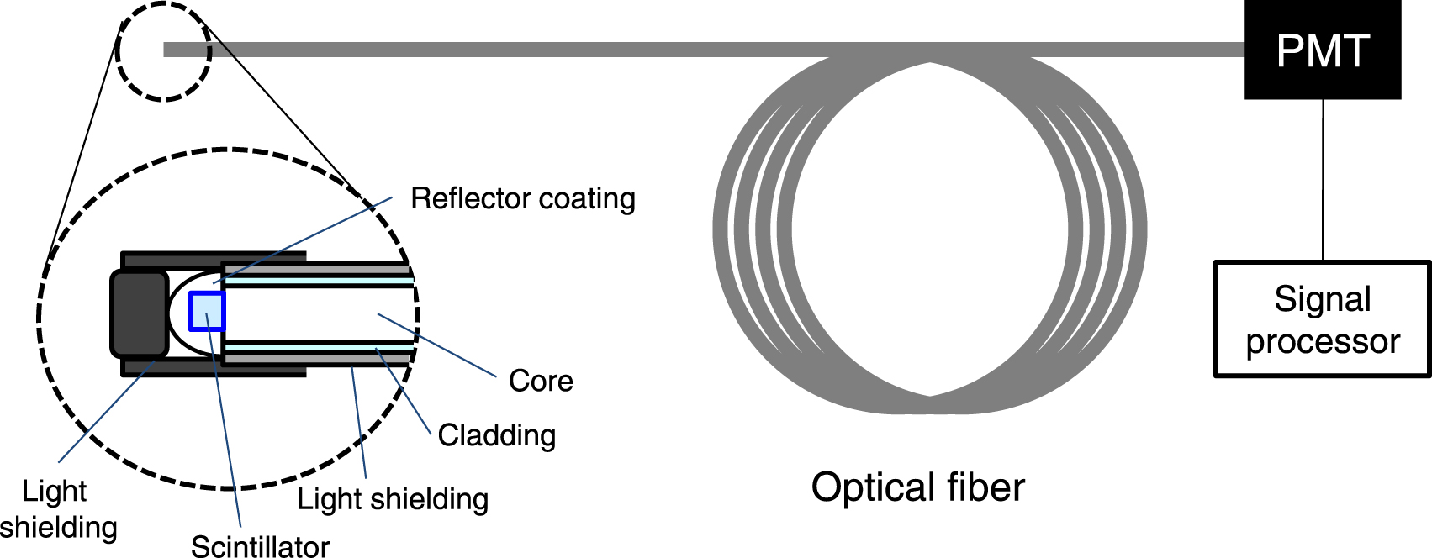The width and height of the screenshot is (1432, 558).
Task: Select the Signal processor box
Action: click(x=1322, y=319)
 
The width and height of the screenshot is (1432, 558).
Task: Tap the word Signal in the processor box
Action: click(x=1322, y=299)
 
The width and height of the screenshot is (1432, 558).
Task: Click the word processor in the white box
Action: click(x=1322, y=342)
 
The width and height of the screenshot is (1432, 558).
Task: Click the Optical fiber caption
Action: click(x=917, y=487)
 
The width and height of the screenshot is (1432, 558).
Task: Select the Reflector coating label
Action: click(x=522, y=198)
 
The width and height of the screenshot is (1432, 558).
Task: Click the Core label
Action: click(x=541, y=381)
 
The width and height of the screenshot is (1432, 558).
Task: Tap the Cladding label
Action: click(x=496, y=435)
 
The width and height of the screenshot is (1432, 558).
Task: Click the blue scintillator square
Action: click(x=207, y=311)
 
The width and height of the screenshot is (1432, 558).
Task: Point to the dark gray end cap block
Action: click(x=140, y=313)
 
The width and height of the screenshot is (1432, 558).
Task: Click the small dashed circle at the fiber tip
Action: click(x=162, y=51)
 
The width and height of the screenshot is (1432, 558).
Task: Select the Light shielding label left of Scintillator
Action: click(x=57, y=509)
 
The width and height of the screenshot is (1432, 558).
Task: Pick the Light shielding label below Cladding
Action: click(x=392, y=499)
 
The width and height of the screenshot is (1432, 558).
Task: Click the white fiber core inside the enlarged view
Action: click(x=320, y=313)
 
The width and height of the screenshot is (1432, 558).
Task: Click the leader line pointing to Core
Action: click(x=437, y=345)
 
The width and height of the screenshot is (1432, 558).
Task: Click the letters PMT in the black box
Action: click(x=1322, y=50)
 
